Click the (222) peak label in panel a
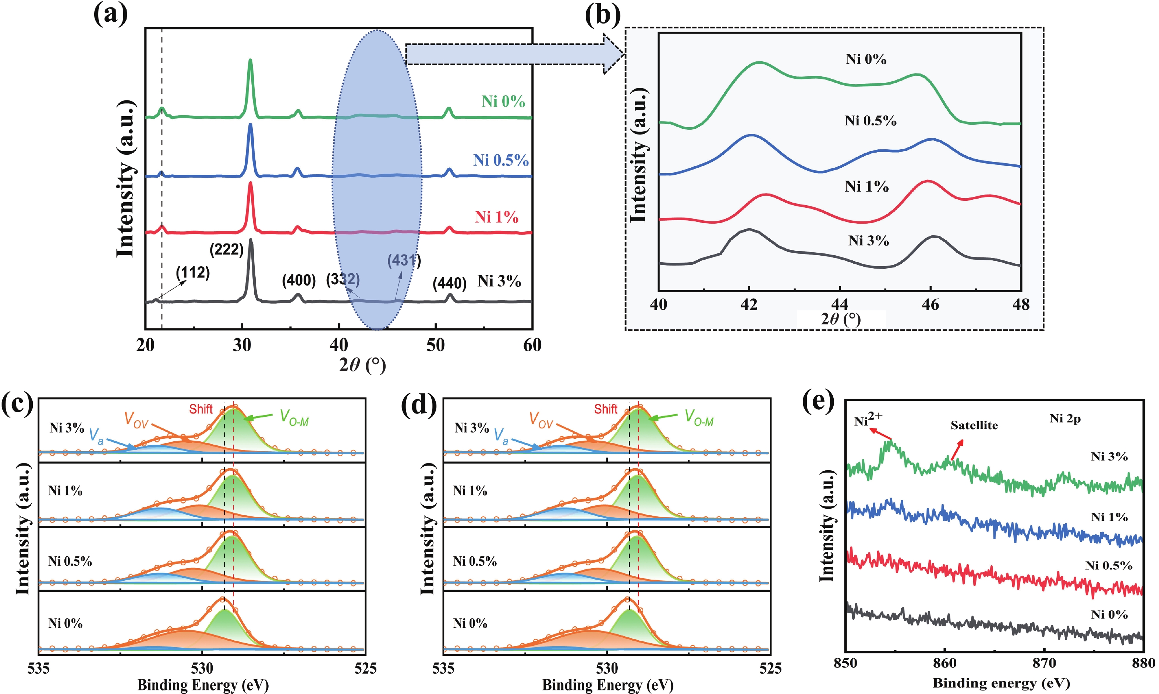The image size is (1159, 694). pos(226,250)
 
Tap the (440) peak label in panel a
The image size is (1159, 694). pos(450,284)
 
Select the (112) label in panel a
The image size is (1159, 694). pos(193,273)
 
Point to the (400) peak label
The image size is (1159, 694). pos(299,281)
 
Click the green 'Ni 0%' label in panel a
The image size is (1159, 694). pos(503,102)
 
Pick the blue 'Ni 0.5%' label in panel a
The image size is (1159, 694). pos(501,160)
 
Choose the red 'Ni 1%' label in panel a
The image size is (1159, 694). pos(497,217)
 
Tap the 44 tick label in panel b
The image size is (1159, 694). pos(840,305)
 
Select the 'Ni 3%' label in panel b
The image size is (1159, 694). pos(869,241)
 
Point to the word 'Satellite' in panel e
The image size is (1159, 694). pos(974,426)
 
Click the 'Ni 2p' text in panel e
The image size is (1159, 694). pos(1065,419)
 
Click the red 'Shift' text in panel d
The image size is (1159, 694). pos(606,409)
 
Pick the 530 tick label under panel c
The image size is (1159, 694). pos(202,668)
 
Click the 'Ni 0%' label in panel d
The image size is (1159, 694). pos(470,623)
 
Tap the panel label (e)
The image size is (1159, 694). pos(818,401)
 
